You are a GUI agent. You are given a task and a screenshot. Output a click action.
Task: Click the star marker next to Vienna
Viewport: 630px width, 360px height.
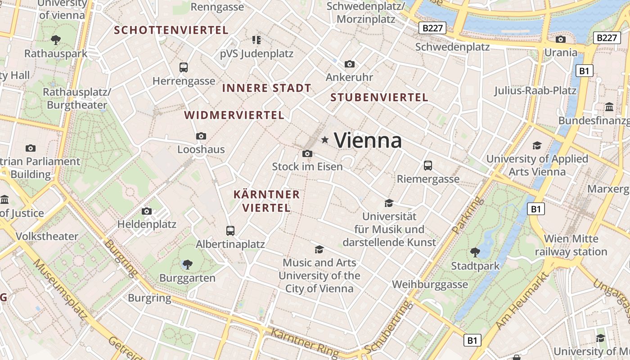point(324,140)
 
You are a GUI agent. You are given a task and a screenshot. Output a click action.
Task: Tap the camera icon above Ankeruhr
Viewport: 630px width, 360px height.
point(349,64)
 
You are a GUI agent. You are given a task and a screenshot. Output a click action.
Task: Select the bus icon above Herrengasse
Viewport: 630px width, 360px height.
point(183,67)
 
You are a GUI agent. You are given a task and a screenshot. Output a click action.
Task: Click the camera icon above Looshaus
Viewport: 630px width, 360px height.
point(201,136)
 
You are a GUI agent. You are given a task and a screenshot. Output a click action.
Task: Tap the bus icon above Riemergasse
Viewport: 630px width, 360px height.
point(427,166)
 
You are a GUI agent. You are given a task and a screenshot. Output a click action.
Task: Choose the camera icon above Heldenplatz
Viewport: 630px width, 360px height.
point(146,211)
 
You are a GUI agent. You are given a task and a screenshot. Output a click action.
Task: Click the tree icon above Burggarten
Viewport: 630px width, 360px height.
point(187,265)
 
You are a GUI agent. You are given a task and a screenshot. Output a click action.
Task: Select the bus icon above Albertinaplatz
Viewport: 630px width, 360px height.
point(230,231)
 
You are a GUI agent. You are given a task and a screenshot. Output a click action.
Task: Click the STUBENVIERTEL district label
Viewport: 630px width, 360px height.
point(379,97)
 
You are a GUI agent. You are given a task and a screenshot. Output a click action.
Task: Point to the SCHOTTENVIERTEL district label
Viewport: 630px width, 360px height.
point(171,30)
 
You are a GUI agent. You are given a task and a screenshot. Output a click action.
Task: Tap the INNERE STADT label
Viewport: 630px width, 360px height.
point(266,88)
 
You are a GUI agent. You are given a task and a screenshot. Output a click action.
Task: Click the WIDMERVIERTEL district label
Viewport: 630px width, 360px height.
point(234,115)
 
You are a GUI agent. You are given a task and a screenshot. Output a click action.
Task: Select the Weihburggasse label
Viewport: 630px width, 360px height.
point(430,284)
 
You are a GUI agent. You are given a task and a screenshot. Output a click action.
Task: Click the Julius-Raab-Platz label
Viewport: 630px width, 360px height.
point(535,90)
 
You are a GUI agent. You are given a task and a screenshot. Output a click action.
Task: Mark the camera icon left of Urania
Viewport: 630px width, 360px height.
point(560,40)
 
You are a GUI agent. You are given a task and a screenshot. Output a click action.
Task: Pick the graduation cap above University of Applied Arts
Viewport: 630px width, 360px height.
point(537,145)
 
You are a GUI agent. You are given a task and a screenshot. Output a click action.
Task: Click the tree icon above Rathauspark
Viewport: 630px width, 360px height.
point(56,40)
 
